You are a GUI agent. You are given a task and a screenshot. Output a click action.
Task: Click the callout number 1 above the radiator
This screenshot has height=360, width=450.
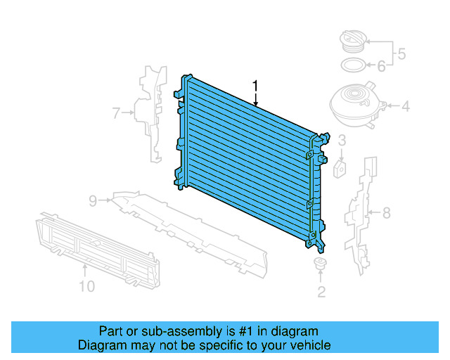click(x=256, y=86)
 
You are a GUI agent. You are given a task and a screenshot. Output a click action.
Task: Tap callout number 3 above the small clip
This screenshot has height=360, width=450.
click(x=342, y=141)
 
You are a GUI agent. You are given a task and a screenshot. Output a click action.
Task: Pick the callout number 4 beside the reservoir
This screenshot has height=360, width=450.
click(x=405, y=108)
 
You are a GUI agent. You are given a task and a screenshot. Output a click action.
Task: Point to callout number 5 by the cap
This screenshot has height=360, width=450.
click(x=401, y=53)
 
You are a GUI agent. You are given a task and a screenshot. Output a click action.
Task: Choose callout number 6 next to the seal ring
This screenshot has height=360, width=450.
click(x=382, y=66)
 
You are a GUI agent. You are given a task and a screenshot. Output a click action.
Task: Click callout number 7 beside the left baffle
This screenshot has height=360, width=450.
click(x=117, y=111)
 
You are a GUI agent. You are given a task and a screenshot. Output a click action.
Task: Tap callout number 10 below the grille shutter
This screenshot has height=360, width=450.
click(x=86, y=286)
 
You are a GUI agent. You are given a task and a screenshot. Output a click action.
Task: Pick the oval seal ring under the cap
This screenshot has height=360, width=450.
click(x=352, y=66)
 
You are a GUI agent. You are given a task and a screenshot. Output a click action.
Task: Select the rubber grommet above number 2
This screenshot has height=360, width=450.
click(x=321, y=266)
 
